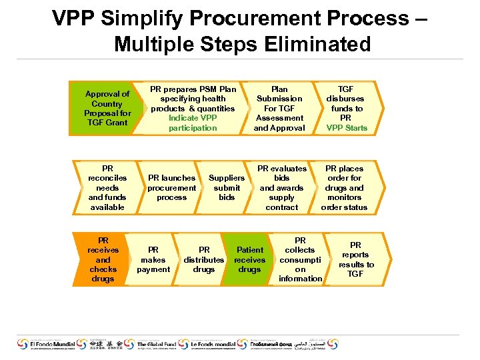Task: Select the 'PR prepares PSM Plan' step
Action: pyautogui.click(x=193, y=99)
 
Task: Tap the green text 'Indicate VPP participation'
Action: pyautogui.click(x=193, y=123)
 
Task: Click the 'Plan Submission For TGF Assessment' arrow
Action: pyautogui.click(x=279, y=108)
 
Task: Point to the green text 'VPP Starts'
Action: pyautogui.click(x=347, y=128)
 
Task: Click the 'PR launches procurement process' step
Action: pyautogui.click(x=171, y=188)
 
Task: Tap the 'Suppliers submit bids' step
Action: pyautogui.click(x=227, y=188)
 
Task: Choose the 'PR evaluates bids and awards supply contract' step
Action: pyautogui.click(x=282, y=188)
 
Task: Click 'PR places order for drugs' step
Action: pyautogui.click(x=344, y=188)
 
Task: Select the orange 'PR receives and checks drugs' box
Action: pyautogui.click(x=103, y=259)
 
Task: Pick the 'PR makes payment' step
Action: pyautogui.click(x=153, y=260)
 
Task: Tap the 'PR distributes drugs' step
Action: pyautogui.click(x=204, y=260)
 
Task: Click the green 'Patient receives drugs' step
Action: pyautogui.click(x=249, y=260)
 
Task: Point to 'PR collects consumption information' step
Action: pyautogui.click(x=300, y=259)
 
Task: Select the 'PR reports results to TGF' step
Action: pyautogui.click(x=356, y=259)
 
